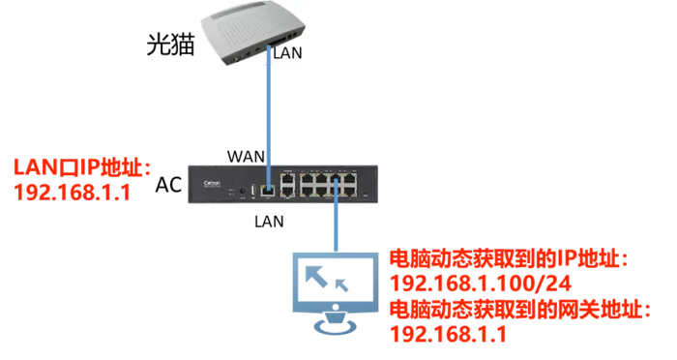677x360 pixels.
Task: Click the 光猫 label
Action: click(170, 45)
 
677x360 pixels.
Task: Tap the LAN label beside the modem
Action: click(287, 52)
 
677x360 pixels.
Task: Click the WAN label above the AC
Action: click(246, 157)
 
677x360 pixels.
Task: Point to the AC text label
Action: click(168, 185)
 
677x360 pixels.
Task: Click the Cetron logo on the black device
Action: click(212, 184)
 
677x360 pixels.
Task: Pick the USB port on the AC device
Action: click(253, 190)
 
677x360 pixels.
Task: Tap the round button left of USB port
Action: click(242, 190)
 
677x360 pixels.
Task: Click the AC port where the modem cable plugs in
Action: click(268, 191)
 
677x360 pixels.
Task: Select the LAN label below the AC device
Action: click(269, 222)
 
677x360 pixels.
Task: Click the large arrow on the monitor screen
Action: click(316, 277)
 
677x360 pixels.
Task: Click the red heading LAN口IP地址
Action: click(82, 167)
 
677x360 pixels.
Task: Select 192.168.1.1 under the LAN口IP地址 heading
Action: click(73, 192)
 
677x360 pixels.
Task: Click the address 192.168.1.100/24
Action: click(481, 284)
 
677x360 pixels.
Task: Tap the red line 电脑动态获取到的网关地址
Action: click(520, 310)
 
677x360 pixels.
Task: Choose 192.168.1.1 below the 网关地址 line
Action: click(448, 334)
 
